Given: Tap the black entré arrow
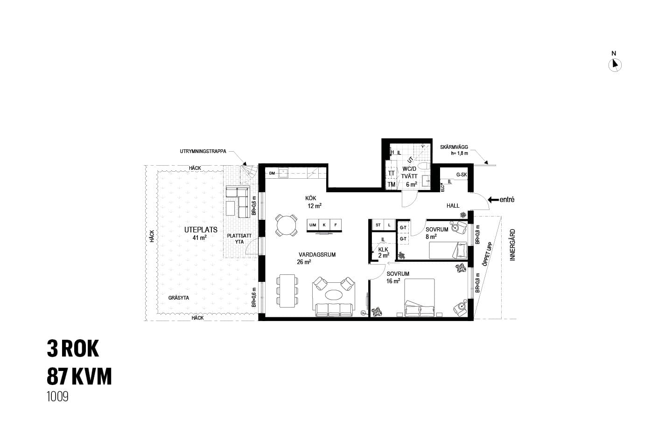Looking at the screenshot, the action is click(493, 200).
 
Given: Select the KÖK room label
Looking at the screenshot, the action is click(310, 198).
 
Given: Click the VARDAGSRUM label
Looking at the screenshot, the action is click(317, 255).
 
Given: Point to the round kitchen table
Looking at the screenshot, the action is click(286, 226).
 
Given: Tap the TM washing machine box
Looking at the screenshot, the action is click(391, 184).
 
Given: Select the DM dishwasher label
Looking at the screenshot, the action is click(272, 173).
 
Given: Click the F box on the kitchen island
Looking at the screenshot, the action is click(336, 225).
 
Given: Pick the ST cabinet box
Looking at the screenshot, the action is click(378, 225).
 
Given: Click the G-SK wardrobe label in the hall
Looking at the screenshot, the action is click(462, 175).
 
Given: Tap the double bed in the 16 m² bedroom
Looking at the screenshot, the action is click(420, 298).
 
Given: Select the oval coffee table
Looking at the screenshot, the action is click(333, 294).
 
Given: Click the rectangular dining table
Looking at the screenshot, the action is click(287, 291).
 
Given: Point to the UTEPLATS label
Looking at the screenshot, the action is click(201, 230).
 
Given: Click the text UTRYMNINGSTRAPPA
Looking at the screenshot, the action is click(203, 152).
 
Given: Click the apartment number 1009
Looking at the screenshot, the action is click(57, 397).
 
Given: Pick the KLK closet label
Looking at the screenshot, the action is click(383, 250).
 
